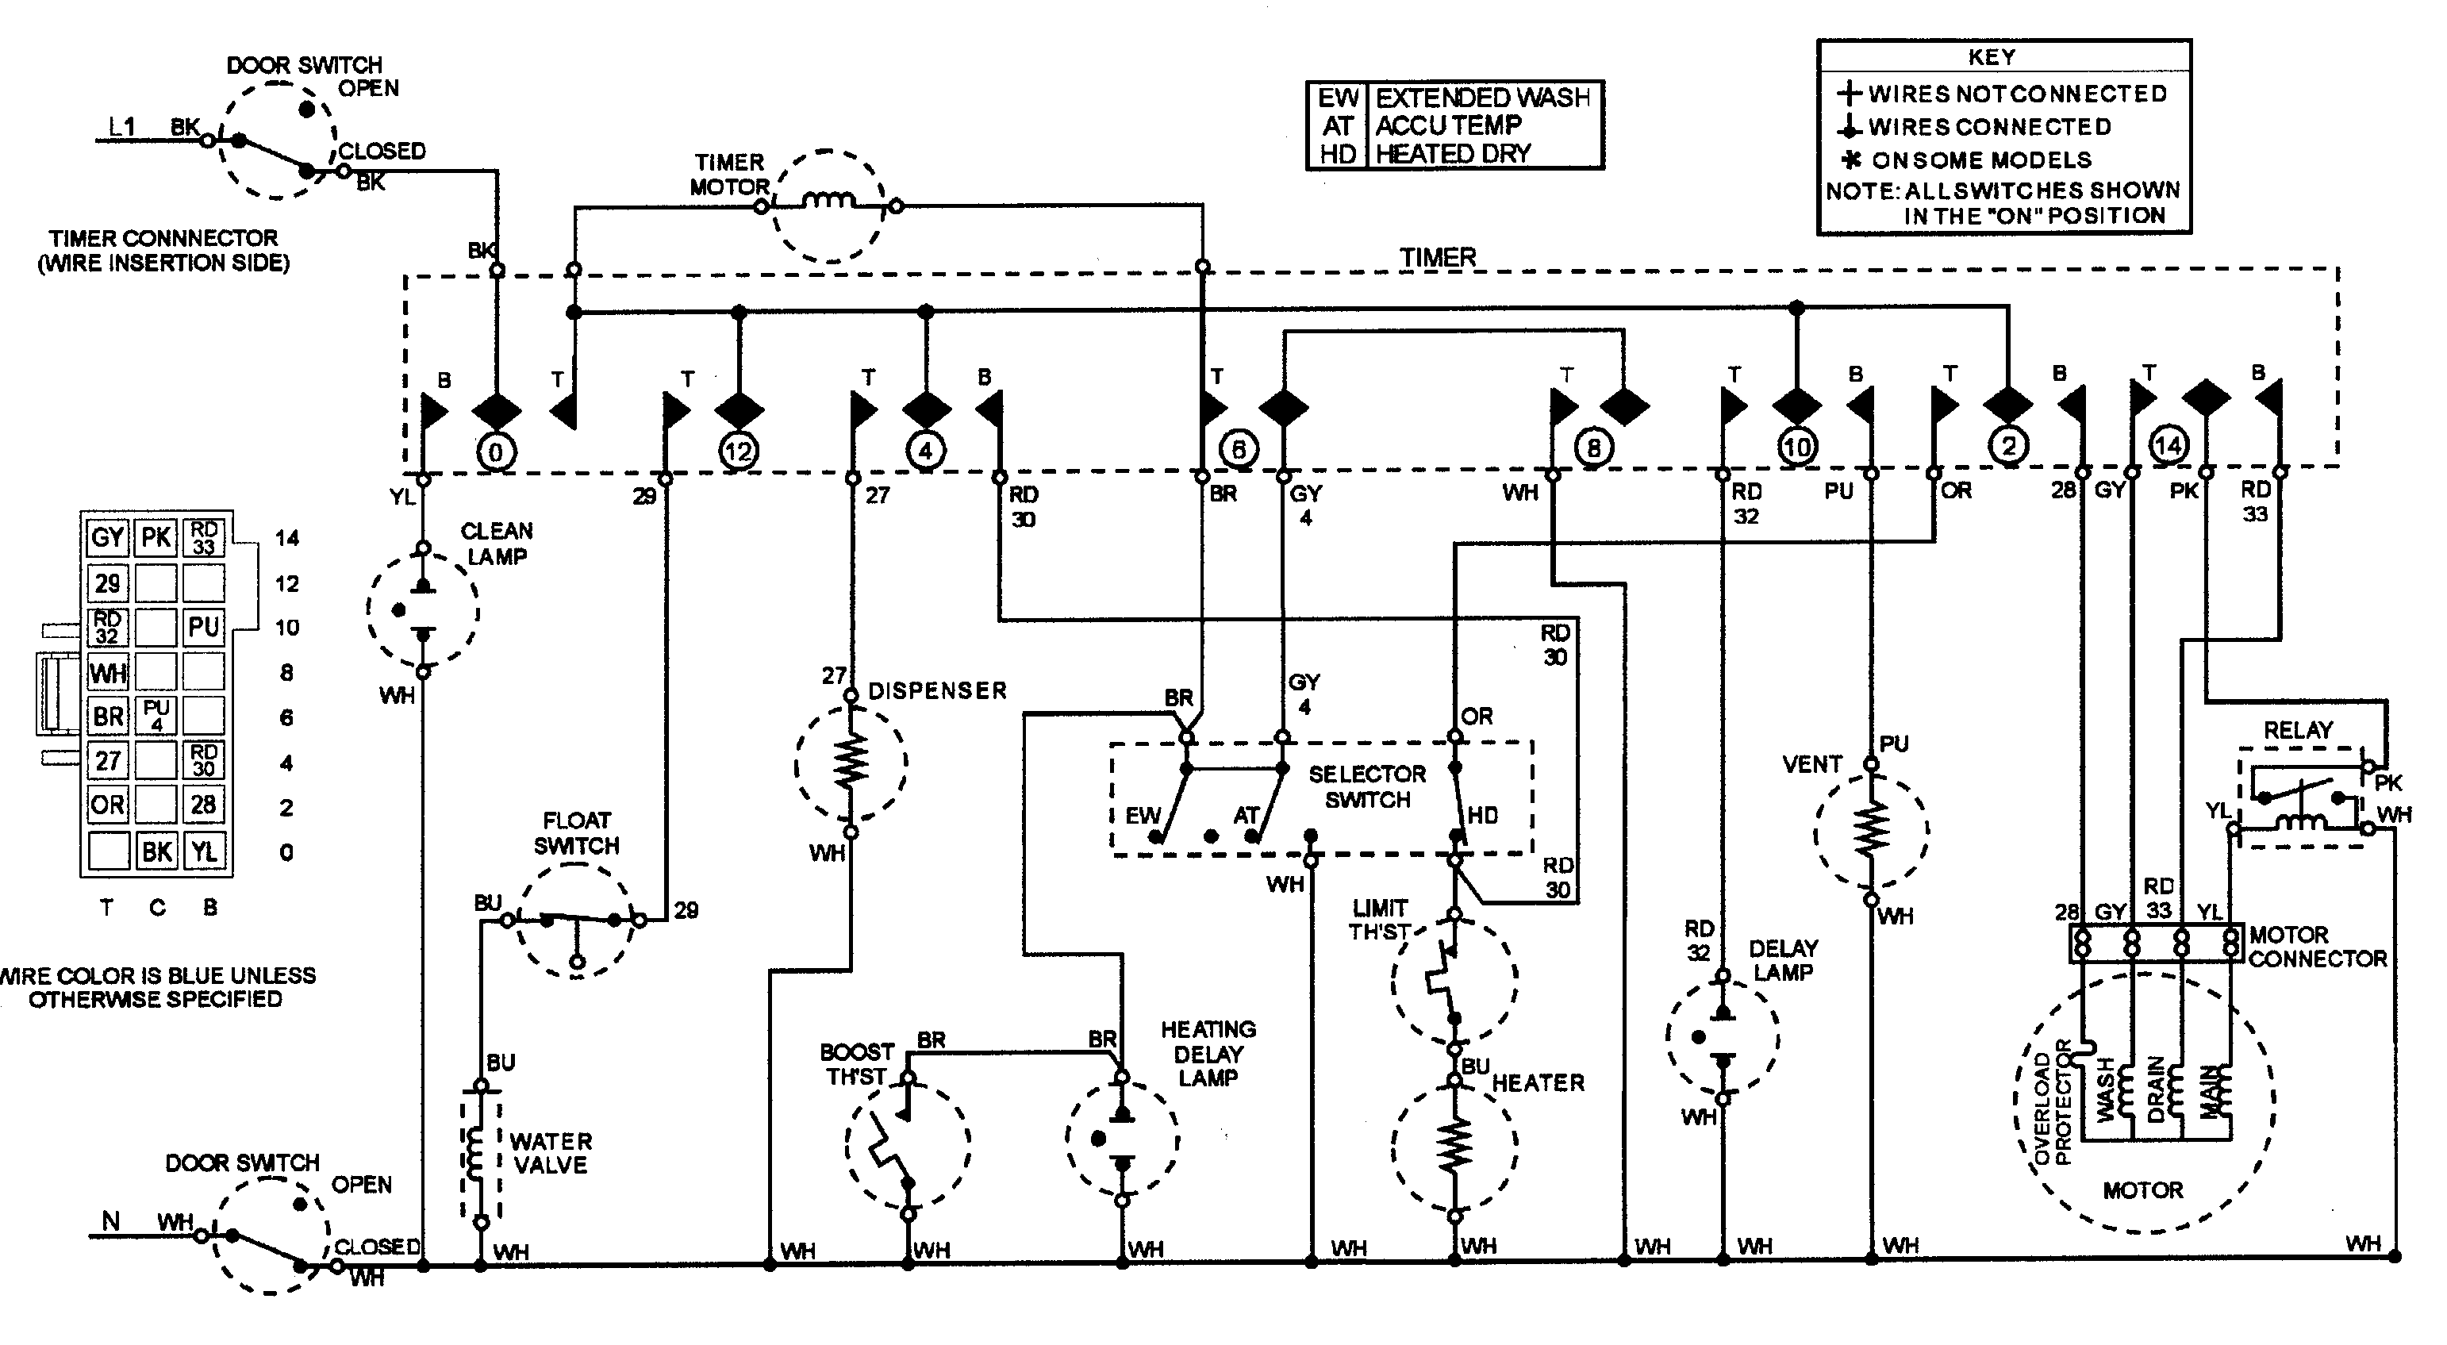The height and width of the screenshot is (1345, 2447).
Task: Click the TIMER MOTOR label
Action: [x=728, y=175]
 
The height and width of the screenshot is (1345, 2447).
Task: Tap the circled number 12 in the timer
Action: [x=739, y=452]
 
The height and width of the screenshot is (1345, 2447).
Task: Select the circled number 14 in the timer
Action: [x=2168, y=444]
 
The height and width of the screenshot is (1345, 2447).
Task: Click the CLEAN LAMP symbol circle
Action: [x=423, y=609]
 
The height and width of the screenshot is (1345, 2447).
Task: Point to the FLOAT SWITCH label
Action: [x=576, y=833]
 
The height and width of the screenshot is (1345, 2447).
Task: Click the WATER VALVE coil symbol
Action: [x=480, y=1154]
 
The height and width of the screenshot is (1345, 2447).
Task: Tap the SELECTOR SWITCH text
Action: [x=1367, y=786]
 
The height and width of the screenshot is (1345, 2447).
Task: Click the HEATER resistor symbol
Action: [x=1454, y=1147]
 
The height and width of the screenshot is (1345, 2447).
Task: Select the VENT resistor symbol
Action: [x=1870, y=830]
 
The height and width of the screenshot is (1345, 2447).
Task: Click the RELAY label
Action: [x=2298, y=731]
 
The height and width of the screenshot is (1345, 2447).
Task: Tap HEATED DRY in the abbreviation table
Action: [x=1453, y=153]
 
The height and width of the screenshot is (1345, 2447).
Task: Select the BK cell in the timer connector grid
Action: [x=156, y=851]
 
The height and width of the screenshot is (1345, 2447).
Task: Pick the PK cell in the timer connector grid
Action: [x=156, y=538]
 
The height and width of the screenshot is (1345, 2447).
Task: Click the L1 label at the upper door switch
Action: [x=122, y=126]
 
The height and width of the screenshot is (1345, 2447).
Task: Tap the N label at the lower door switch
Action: [x=111, y=1220]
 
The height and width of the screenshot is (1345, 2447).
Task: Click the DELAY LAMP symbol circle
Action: [x=1723, y=1037]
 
